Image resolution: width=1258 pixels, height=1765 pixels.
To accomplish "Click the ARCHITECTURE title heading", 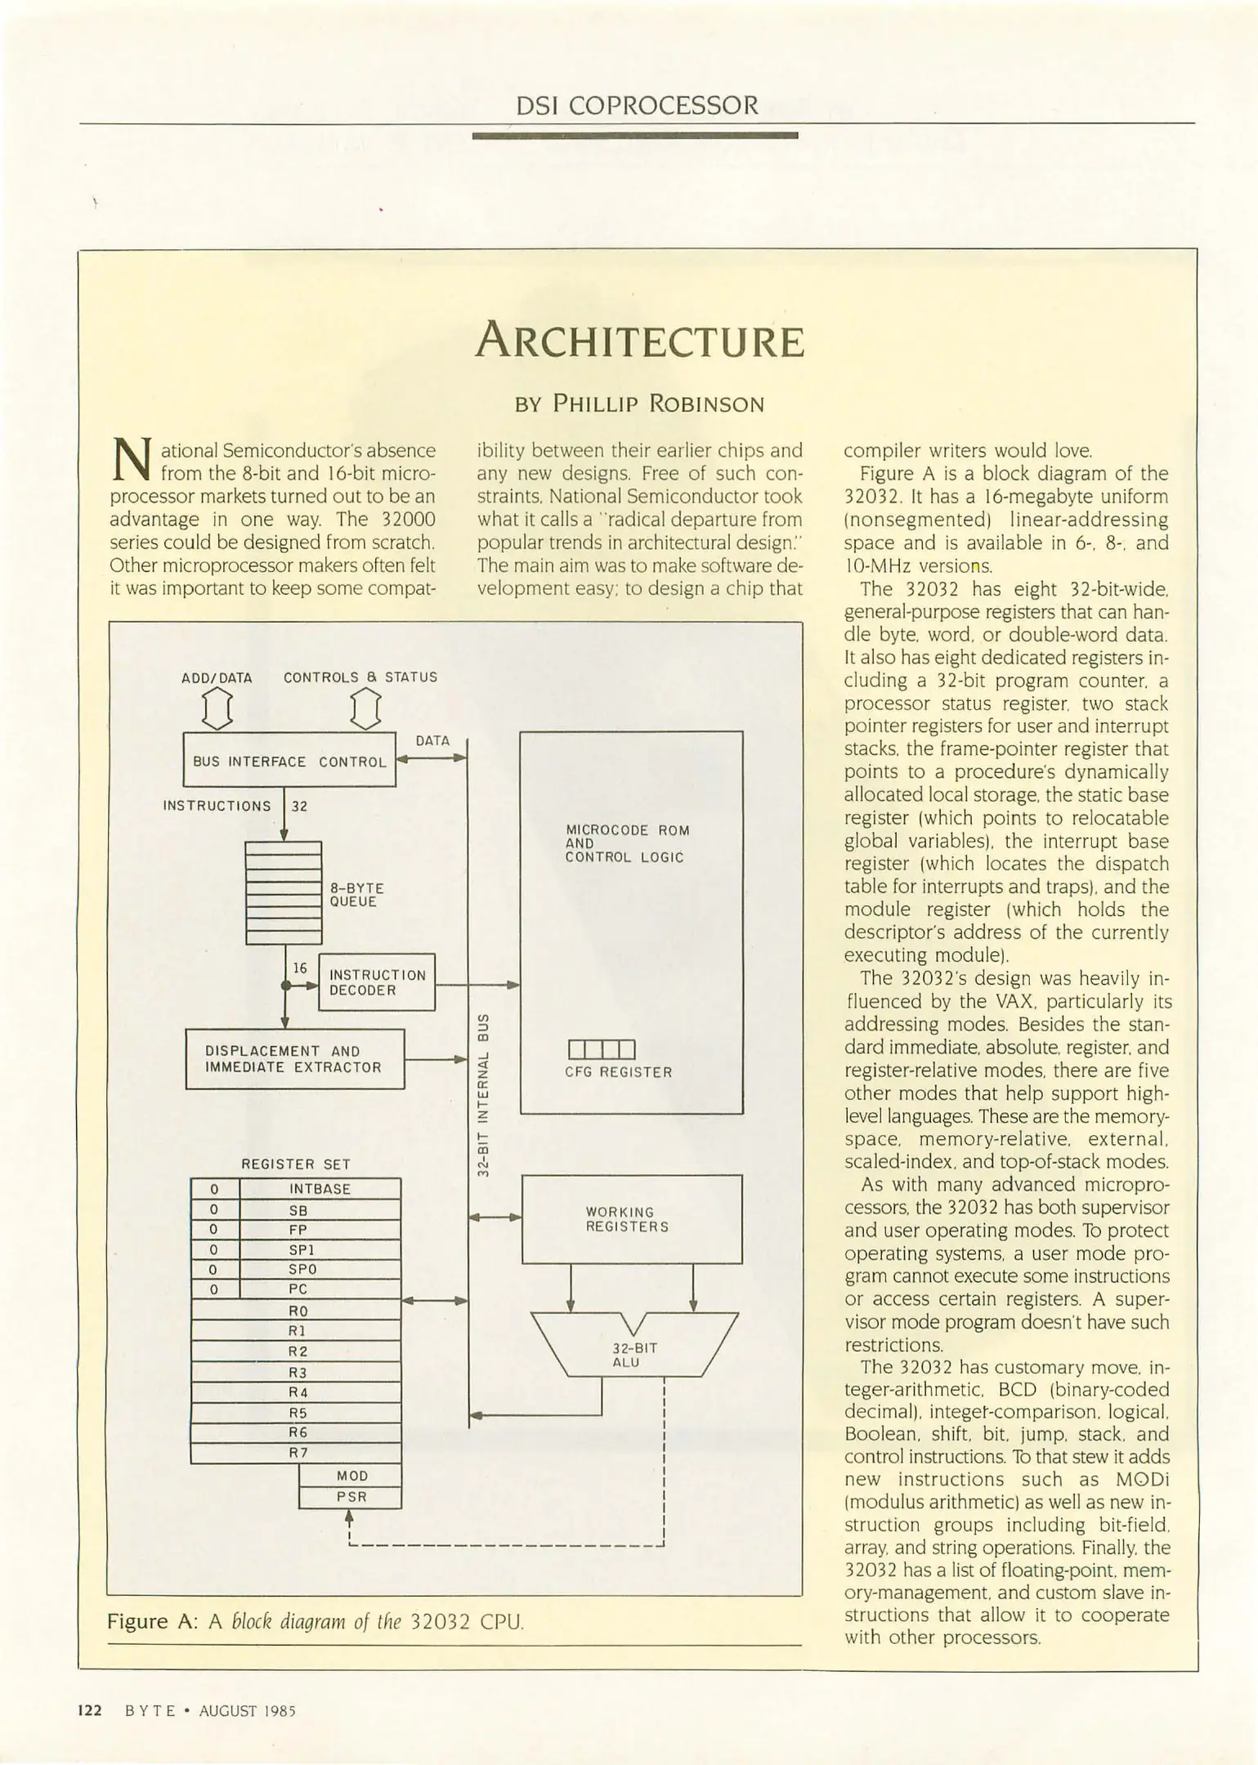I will tap(639, 342).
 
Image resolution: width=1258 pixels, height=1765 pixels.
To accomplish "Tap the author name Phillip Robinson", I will tap(639, 404).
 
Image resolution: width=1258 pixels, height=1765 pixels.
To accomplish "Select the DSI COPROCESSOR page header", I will tap(637, 105).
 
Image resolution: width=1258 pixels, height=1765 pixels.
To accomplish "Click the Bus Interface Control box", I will tap(289, 761).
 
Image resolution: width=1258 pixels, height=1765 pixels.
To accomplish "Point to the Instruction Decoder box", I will tap(377, 982).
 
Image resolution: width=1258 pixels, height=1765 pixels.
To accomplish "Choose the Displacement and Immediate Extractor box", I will tap(294, 1059).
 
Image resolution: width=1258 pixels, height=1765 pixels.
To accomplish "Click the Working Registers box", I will tap(631, 1219).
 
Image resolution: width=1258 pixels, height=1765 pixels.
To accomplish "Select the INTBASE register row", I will tap(320, 1189).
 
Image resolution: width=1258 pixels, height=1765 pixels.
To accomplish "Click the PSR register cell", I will tap(351, 1496).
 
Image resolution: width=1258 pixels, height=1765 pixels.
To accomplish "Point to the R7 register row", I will tap(296, 1453).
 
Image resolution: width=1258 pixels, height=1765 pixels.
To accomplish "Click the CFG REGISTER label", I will tap(618, 1072).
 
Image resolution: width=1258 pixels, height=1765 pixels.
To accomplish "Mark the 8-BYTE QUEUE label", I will tap(356, 895).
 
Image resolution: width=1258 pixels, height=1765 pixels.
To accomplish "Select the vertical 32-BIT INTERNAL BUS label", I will tap(483, 1096).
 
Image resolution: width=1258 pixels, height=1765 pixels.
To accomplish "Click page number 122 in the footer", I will tap(89, 1711).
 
